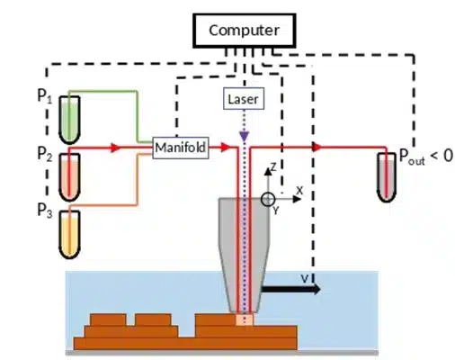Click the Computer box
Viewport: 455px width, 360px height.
pyautogui.click(x=244, y=31)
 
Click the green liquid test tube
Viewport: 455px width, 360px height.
pyautogui.click(x=68, y=121)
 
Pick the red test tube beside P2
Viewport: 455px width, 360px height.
pyautogui.click(x=68, y=171)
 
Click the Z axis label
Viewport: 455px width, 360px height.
pyautogui.click(x=268, y=168)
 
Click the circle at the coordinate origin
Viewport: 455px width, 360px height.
pyautogui.click(x=267, y=198)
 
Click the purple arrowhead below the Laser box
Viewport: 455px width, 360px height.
pyautogui.click(x=243, y=137)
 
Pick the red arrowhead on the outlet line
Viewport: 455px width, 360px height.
pyautogui.click(x=315, y=146)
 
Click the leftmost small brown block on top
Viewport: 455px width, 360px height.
pyautogui.click(x=105, y=319)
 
